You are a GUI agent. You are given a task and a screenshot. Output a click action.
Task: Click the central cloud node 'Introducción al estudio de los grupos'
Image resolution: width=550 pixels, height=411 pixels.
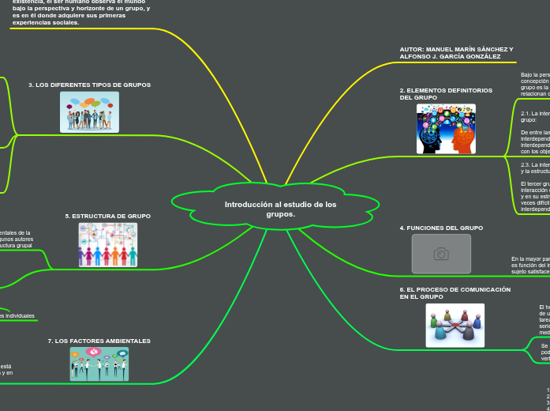(276, 209)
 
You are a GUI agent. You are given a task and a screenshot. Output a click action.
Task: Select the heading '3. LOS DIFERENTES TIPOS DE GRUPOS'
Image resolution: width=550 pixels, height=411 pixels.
(89, 85)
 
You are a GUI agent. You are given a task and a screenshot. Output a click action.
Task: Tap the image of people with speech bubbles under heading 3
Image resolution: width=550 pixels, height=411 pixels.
(89, 112)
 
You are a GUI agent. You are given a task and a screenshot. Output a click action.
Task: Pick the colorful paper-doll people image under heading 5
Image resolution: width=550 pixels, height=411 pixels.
(107, 245)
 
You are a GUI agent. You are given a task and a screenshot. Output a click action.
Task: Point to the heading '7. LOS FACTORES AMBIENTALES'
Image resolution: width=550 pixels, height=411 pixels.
(99, 341)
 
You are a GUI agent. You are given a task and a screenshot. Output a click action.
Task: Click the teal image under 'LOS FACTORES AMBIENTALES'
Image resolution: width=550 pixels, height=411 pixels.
(99, 364)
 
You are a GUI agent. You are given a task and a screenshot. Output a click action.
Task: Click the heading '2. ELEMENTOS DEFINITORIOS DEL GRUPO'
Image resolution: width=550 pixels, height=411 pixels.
(446, 94)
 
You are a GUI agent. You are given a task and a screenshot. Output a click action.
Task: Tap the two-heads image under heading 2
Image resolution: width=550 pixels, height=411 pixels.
(446, 129)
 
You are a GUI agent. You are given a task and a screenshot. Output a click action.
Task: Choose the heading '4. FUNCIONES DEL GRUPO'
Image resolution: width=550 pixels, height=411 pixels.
(441, 228)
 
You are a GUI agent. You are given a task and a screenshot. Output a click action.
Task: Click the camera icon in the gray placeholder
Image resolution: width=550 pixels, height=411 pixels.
(441, 254)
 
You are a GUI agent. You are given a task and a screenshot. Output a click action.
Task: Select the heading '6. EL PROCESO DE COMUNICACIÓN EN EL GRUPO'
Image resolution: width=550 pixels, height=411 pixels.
(455, 293)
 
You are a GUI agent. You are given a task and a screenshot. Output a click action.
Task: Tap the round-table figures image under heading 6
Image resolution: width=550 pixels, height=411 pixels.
(455, 325)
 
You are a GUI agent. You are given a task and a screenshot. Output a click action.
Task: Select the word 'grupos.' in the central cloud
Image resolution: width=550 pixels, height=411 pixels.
(280, 214)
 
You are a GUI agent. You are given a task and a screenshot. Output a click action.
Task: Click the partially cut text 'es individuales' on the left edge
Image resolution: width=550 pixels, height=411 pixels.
(17, 316)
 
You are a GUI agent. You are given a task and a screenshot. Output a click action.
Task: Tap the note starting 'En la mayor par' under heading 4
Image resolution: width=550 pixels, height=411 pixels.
(529, 258)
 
